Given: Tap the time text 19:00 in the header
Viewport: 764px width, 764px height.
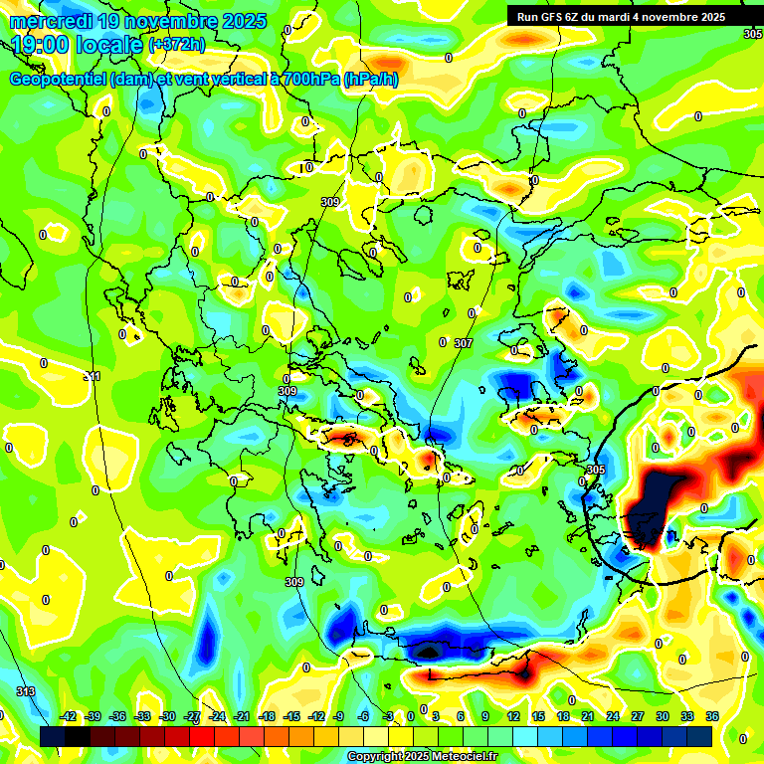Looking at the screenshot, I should tap(41, 45).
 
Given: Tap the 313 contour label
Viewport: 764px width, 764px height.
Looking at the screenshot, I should tap(26, 691).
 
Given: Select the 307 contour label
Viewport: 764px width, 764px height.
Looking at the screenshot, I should tap(463, 343).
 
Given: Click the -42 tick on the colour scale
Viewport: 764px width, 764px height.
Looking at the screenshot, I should tap(69, 716).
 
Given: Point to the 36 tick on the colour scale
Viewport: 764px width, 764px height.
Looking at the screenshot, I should tap(712, 716).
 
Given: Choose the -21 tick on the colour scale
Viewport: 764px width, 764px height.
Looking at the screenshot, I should tap(242, 716).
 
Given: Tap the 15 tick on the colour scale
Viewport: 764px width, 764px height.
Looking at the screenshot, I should tap(538, 716).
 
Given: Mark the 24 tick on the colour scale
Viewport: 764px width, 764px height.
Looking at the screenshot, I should tap(613, 716).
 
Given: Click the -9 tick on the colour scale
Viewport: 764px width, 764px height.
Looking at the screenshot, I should tap(338, 716).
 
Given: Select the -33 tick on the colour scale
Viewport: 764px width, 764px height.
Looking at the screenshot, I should tap(143, 716).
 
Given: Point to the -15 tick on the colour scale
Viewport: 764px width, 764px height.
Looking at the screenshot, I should tap(291, 716).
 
